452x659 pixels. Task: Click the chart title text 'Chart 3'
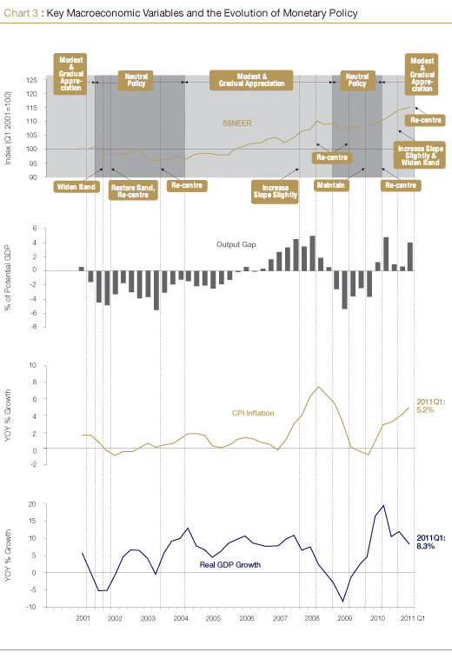(21, 13)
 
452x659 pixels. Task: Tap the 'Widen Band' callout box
(76, 187)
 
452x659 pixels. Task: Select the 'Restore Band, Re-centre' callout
(133, 190)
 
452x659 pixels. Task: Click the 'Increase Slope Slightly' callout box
(276, 191)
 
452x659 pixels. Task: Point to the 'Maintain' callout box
(331, 185)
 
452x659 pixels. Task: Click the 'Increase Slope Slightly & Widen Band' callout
(420, 155)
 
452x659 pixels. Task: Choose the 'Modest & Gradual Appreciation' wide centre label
(251, 80)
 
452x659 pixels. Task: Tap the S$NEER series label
(237, 123)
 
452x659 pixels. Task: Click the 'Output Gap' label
(236, 244)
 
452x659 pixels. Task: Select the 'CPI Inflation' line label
(253, 413)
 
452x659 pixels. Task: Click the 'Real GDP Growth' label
(230, 565)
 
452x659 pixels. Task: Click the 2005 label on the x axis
(213, 618)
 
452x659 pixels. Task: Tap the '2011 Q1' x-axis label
(413, 618)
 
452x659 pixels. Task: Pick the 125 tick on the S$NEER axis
(33, 80)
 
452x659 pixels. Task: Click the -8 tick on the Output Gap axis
(33, 327)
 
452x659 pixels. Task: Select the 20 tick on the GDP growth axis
(32, 504)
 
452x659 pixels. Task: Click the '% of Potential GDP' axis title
(8, 278)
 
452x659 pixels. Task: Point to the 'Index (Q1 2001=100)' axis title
(8, 128)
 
